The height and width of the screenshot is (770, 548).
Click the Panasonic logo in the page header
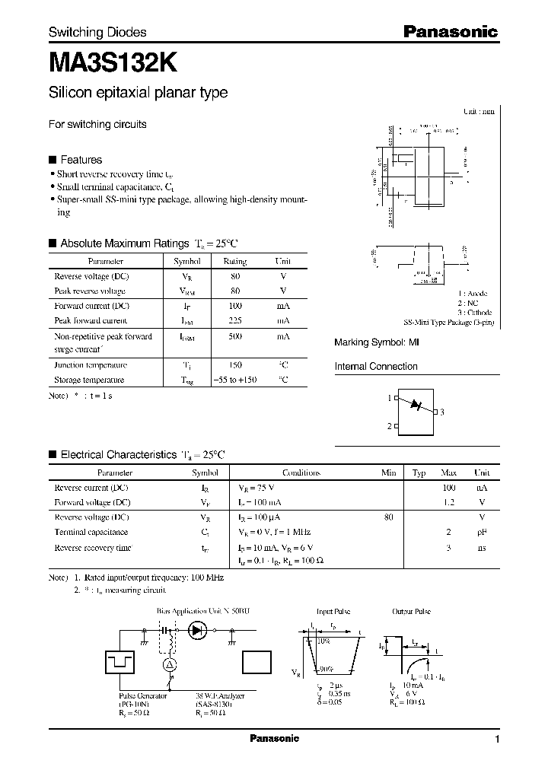coord(450,32)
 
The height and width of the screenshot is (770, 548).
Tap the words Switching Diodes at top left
coord(97,33)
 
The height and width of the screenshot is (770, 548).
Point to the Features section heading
coord(81,160)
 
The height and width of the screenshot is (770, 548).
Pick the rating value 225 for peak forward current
coord(234,321)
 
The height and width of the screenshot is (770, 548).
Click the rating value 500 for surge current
coord(234,336)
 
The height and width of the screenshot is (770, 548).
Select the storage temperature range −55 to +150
coord(234,379)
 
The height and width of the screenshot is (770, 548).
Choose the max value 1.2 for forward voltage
coord(448,502)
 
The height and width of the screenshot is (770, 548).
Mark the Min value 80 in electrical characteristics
coord(389,517)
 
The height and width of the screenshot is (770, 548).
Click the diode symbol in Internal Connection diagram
coord(416,404)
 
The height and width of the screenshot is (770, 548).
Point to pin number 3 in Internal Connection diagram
coord(441,412)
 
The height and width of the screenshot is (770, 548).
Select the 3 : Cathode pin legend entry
coord(475,313)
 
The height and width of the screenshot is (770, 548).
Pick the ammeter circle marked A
coord(171,664)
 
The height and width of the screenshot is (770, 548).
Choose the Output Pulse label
coord(411,611)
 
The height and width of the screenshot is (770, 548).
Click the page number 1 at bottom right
coord(497,740)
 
